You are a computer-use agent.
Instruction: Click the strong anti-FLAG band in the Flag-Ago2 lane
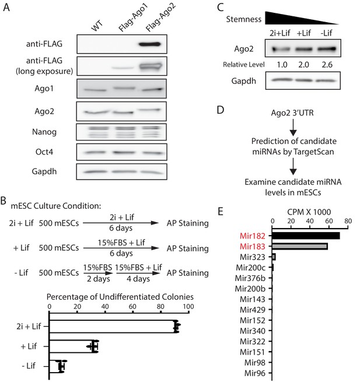point(149,44)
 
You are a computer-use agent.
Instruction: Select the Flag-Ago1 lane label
point(133,18)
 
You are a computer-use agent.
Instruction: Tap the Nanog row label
point(44,132)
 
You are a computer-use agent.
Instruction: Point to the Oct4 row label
point(44,152)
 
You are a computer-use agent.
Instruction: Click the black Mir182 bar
point(306,236)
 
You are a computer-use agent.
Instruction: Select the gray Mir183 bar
point(300,246)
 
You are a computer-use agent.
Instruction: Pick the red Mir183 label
point(252,247)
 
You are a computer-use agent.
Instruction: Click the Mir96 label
point(255,373)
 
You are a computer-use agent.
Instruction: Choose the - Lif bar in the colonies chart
point(55,366)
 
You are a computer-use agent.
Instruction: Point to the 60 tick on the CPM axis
point(329,221)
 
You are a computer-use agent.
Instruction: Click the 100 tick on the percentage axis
point(188,306)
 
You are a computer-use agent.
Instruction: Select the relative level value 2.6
point(327,65)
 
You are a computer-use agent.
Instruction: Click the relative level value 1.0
point(282,65)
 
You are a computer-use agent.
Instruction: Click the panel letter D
point(220,110)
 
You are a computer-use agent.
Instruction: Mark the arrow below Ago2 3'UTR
point(293,127)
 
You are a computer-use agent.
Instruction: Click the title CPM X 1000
point(309,212)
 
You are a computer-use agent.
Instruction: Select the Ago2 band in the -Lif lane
point(327,49)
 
